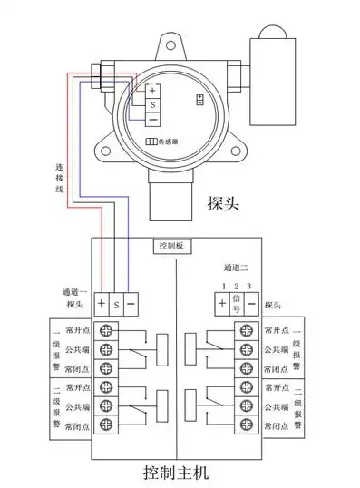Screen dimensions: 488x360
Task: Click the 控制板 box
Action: [171, 246]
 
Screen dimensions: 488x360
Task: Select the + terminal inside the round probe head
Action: [152, 91]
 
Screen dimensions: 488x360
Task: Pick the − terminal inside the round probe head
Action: [152, 120]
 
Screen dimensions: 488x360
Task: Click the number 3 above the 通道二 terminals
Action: [248, 287]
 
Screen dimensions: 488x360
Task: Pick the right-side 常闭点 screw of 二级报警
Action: [245, 425]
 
